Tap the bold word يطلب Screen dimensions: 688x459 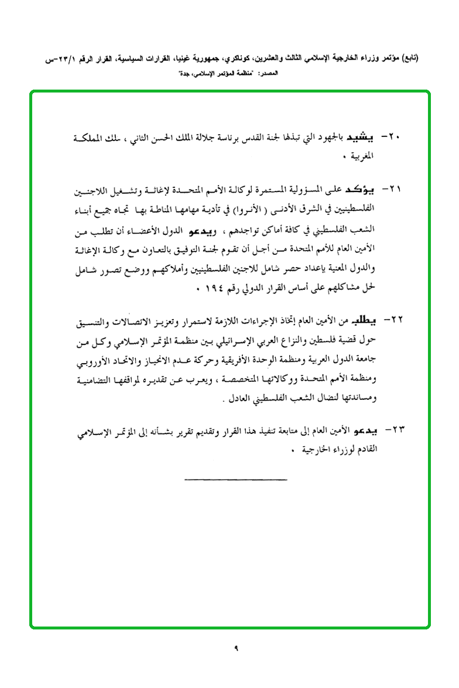(x=362, y=321)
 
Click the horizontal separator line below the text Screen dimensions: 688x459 (x=235, y=480)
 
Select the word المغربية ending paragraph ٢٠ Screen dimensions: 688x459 (x=360, y=158)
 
